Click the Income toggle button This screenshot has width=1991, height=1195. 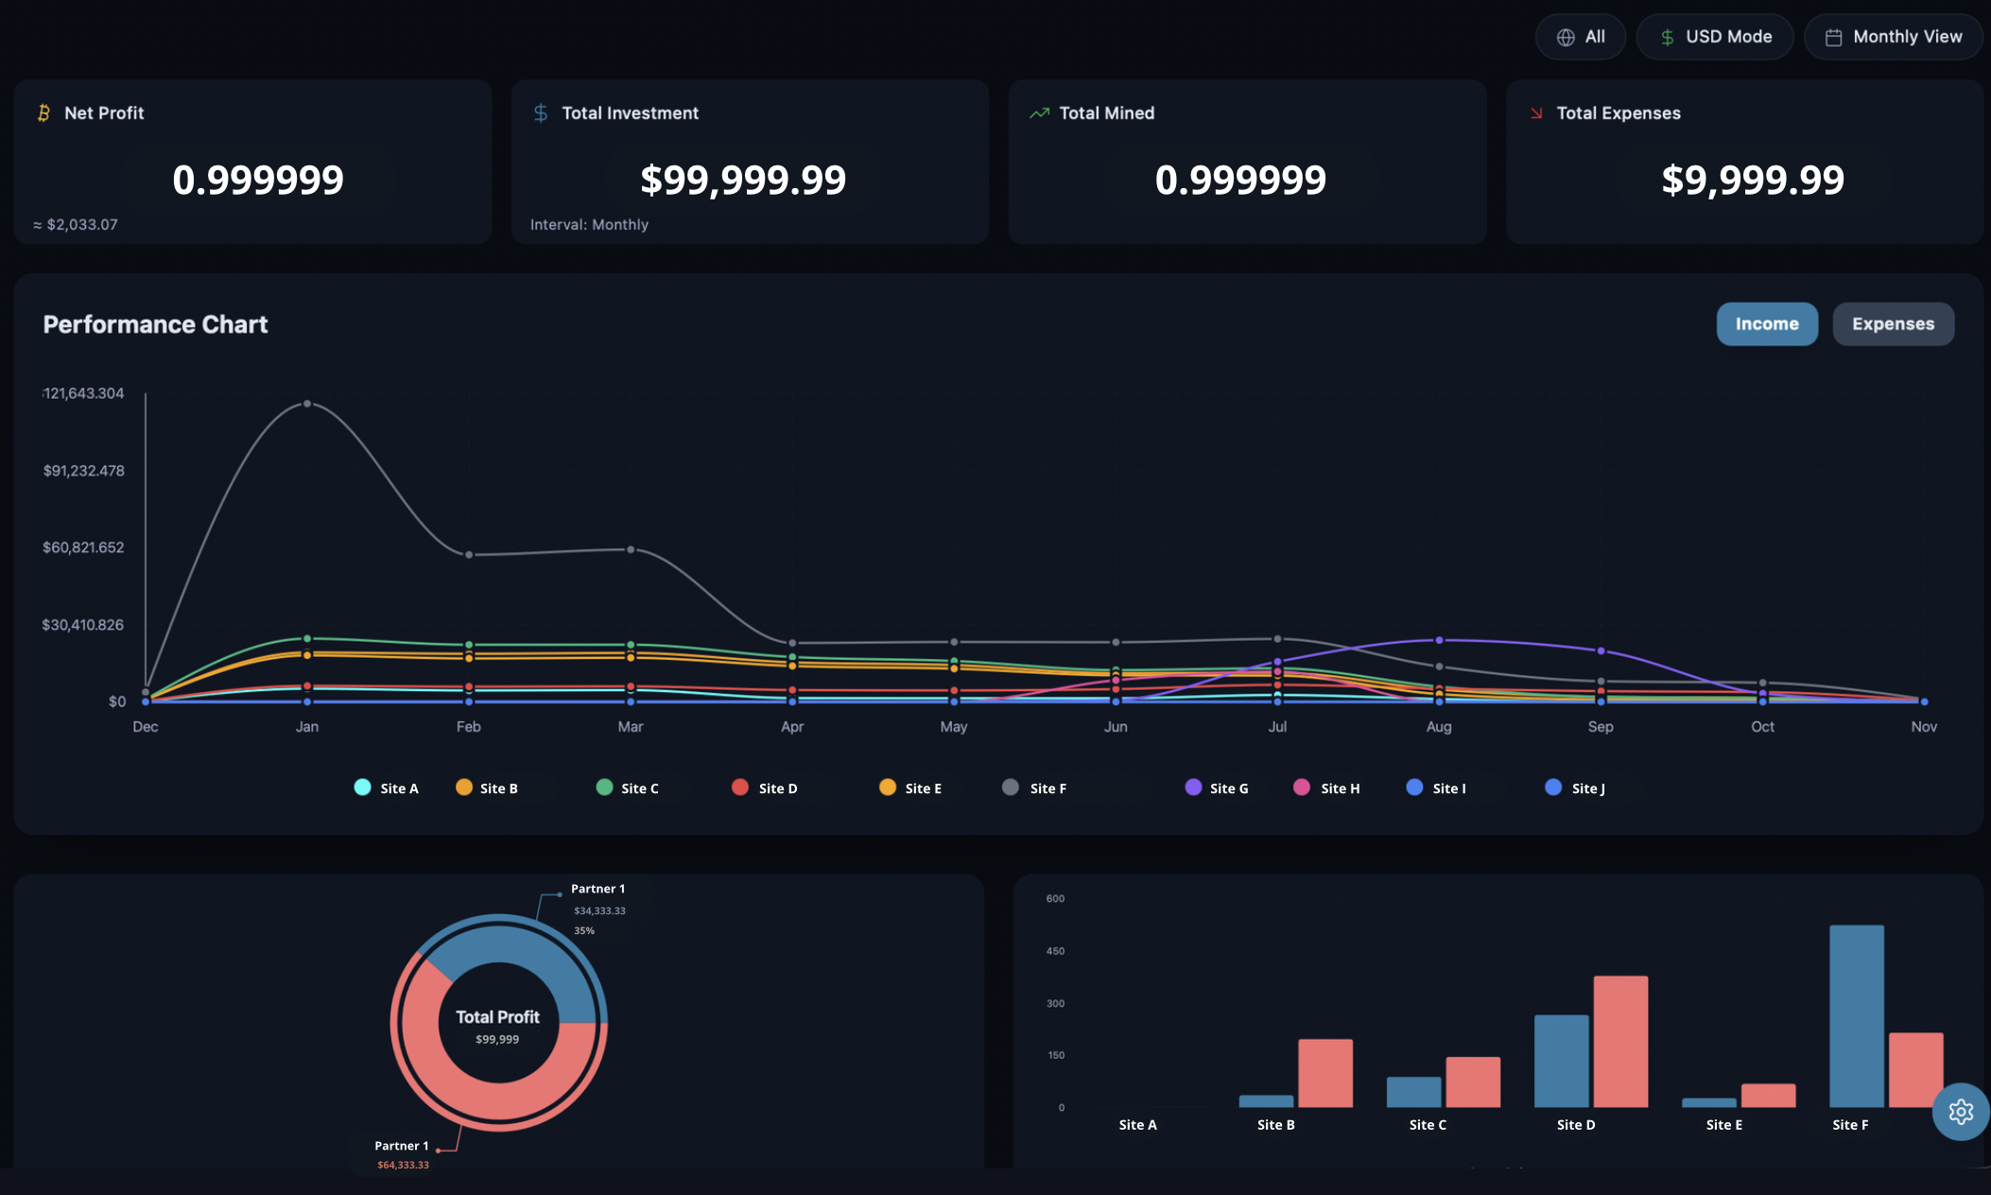coord(1766,324)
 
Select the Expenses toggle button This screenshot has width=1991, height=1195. coord(1892,324)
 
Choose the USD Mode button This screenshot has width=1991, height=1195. coord(1714,37)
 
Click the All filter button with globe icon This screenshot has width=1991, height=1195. coord(1580,37)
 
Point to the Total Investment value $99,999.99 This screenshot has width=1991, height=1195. coord(743,180)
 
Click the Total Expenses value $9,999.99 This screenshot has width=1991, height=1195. coord(1752,180)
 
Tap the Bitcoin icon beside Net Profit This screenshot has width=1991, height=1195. coord(43,113)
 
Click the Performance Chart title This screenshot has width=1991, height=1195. coord(155,324)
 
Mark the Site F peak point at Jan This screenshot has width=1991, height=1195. coord(307,404)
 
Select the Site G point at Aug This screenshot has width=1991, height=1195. coord(1439,640)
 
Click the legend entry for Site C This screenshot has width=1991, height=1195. coord(628,788)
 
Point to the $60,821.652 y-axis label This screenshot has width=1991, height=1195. coord(83,547)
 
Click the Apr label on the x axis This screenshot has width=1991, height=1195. coord(792,726)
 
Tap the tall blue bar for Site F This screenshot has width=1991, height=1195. coord(1856,1016)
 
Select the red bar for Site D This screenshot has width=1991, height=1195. coord(1620,1041)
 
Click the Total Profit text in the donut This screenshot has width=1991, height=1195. coord(497,1017)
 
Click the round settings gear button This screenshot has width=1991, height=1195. coord(1961,1112)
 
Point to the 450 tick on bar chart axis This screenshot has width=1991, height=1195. coord(1055,951)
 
